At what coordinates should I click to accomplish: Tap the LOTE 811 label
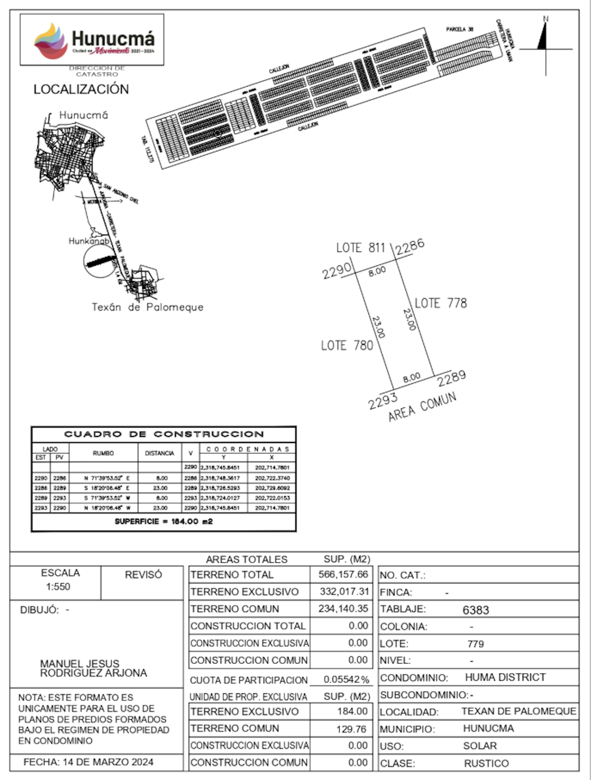360,248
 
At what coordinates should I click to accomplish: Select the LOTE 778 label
440,303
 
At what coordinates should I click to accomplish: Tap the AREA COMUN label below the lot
422,407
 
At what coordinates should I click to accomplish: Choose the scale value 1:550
58,586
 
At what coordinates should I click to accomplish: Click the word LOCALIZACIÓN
81,89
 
